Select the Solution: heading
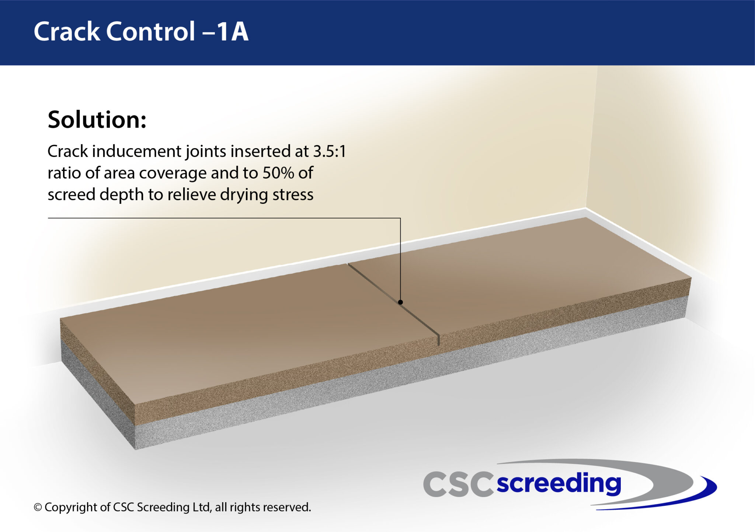97,120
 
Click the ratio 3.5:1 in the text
330,151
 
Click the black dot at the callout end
400,302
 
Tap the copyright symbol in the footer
38,507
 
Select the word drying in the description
244,195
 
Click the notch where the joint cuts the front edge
438,340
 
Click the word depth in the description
121,195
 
